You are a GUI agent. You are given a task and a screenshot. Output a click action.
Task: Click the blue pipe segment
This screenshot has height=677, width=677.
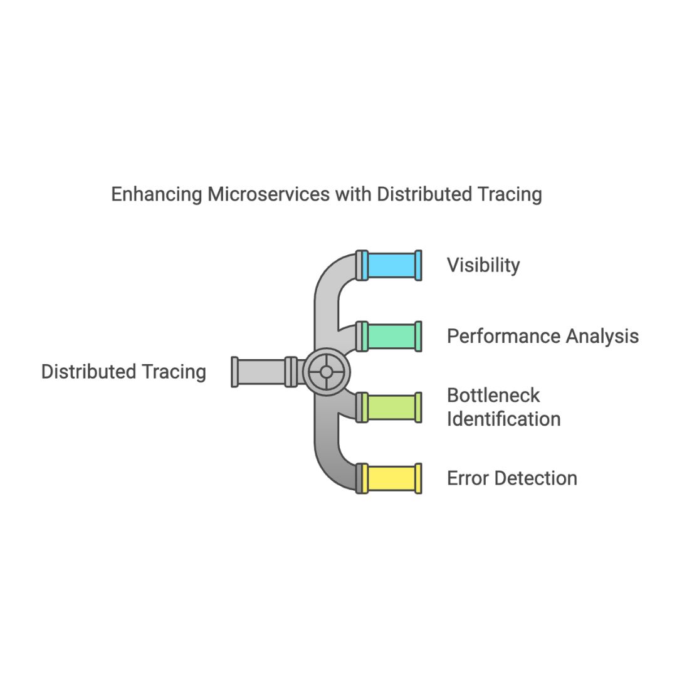[x=391, y=265]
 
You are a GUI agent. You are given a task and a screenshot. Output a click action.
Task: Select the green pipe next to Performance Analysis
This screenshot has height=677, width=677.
[x=391, y=336]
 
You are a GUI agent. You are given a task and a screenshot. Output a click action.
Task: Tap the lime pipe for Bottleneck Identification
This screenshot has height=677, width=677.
[x=391, y=407]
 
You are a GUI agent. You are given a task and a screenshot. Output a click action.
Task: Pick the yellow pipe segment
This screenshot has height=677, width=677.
[x=391, y=478]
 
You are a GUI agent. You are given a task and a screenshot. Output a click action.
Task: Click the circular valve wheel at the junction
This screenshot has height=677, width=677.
[x=326, y=372]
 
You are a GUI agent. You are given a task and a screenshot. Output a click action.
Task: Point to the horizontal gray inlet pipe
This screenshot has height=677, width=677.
[x=261, y=372]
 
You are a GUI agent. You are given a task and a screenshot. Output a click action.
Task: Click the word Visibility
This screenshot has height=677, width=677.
[x=483, y=265]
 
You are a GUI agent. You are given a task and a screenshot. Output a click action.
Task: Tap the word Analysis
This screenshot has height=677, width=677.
[x=602, y=337]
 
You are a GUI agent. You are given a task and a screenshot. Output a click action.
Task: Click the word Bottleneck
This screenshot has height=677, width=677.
[x=493, y=396]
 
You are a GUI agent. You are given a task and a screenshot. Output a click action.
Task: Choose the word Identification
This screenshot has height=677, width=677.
[x=503, y=419]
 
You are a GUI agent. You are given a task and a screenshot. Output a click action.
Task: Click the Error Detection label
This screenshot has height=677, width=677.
[x=512, y=478]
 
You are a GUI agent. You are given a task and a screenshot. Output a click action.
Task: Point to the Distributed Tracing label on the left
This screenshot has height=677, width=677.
[x=123, y=372]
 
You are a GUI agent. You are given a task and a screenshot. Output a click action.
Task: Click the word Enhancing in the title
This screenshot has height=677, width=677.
[x=157, y=194]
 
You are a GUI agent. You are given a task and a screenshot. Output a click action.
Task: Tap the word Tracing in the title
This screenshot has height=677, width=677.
[x=510, y=194]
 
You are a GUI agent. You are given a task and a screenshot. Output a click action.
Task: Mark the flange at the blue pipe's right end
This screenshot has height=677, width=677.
[x=418, y=265]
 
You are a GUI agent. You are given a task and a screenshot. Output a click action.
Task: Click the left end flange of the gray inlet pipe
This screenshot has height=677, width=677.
[x=234, y=372]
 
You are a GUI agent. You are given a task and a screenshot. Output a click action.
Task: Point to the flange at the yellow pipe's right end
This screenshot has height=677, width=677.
[x=418, y=478]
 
